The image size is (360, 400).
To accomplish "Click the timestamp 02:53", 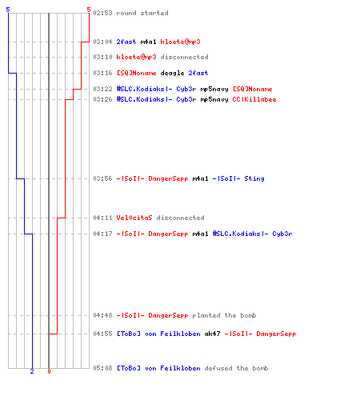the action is (102, 13).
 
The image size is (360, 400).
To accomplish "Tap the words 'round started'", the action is (142, 13).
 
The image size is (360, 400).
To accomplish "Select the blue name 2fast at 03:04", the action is (126, 42).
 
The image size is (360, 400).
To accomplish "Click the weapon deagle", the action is (172, 73).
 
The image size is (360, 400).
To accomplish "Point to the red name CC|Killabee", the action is (254, 99).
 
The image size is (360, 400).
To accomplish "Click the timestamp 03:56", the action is (102, 178).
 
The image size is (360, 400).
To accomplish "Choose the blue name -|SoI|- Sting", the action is (238, 178).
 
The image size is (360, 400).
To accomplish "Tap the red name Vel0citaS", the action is (134, 218).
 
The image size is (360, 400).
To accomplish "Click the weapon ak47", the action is (212, 334).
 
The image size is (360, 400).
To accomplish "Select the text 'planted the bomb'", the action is (224, 315).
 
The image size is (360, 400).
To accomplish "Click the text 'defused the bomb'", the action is (236, 368).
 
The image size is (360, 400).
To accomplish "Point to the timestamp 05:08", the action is (102, 368).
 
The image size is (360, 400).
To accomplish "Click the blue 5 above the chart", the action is (8, 10).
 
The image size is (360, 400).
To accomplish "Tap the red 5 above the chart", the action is (89, 10).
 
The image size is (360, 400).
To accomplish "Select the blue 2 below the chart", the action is (32, 371).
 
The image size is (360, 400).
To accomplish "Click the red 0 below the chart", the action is (49, 371).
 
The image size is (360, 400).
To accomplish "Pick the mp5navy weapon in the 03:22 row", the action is (214, 89).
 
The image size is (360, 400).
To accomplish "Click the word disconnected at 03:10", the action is (184, 57).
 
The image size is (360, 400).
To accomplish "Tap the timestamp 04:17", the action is (102, 234).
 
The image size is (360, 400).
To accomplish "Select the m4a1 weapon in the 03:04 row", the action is (148, 42).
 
